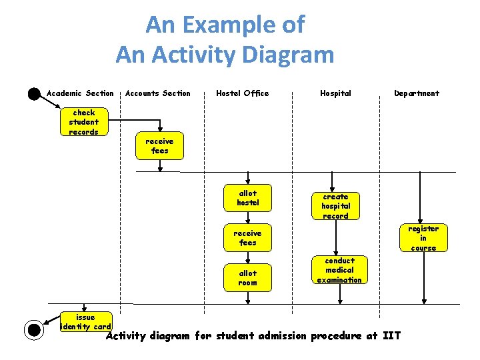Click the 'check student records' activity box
(83, 122)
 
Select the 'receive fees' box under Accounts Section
(159, 146)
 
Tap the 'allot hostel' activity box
(247, 198)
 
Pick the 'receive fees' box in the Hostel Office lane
(247, 238)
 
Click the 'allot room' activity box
(247, 277)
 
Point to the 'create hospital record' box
(335, 206)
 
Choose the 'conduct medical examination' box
(339, 270)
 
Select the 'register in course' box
(423, 238)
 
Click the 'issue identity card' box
(85, 322)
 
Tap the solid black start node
(34, 93)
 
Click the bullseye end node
(33, 329)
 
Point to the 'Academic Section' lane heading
(80, 93)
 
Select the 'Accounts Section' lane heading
(158, 93)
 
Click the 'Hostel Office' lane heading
(243, 93)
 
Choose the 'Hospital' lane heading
(335, 93)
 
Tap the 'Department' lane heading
(417, 93)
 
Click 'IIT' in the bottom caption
(392, 335)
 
